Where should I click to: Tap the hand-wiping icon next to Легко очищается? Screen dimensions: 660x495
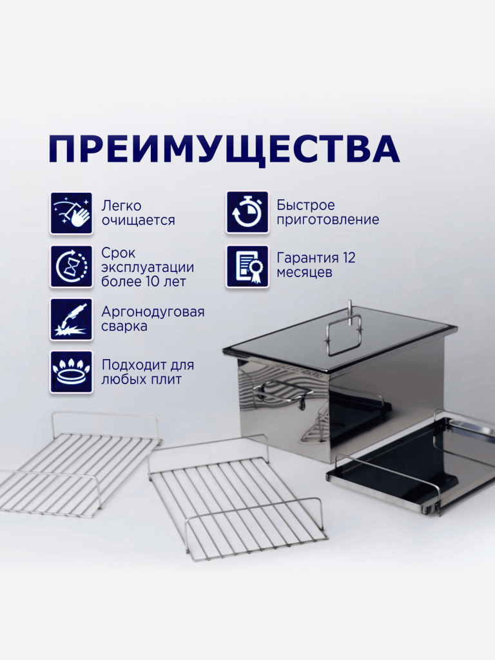pyautogui.click(x=71, y=213)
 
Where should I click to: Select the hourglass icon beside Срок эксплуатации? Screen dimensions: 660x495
pyautogui.click(x=71, y=266)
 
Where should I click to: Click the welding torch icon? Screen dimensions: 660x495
pyautogui.click(x=71, y=319)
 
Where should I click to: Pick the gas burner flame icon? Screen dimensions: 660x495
pyautogui.click(x=71, y=372)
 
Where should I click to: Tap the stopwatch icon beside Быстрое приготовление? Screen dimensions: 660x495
pyautogui.click(x=247, y=212)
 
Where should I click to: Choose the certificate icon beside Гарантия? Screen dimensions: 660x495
pyautogui.click(x=247, y=266)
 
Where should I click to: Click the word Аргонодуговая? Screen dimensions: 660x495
pyautogui.click(x=153, y=312)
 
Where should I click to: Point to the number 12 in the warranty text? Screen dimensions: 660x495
pyautogui.click(x=349, y=258)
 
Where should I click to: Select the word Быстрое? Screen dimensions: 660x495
pyautogui.click(x=306, y=206)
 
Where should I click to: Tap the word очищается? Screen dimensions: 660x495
pyautogui.click(x=138, y=220)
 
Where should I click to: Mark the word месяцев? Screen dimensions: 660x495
pyautogui.click(x=304, y=273)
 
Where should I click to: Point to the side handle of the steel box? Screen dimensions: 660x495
pyautogui.click(x=277, y=392)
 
